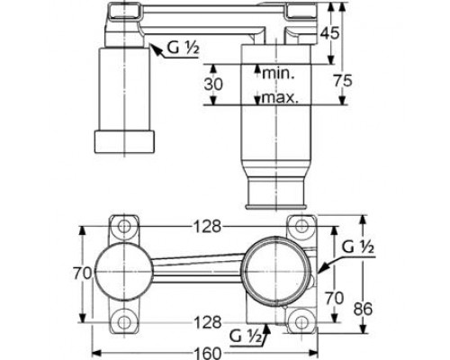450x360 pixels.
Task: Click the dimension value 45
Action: [329, 32]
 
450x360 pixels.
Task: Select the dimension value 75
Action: [343, 81]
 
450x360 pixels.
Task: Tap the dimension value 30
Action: [213, 85]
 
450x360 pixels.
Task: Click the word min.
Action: [278, 73]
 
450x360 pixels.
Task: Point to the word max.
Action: [280, 97]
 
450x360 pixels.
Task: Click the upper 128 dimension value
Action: [206, 227]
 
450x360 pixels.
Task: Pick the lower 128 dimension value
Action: [207, 322]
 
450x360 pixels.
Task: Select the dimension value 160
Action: [207, 354]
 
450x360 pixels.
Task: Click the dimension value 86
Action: [363, 309]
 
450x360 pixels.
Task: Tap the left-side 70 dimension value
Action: [83, 274]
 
